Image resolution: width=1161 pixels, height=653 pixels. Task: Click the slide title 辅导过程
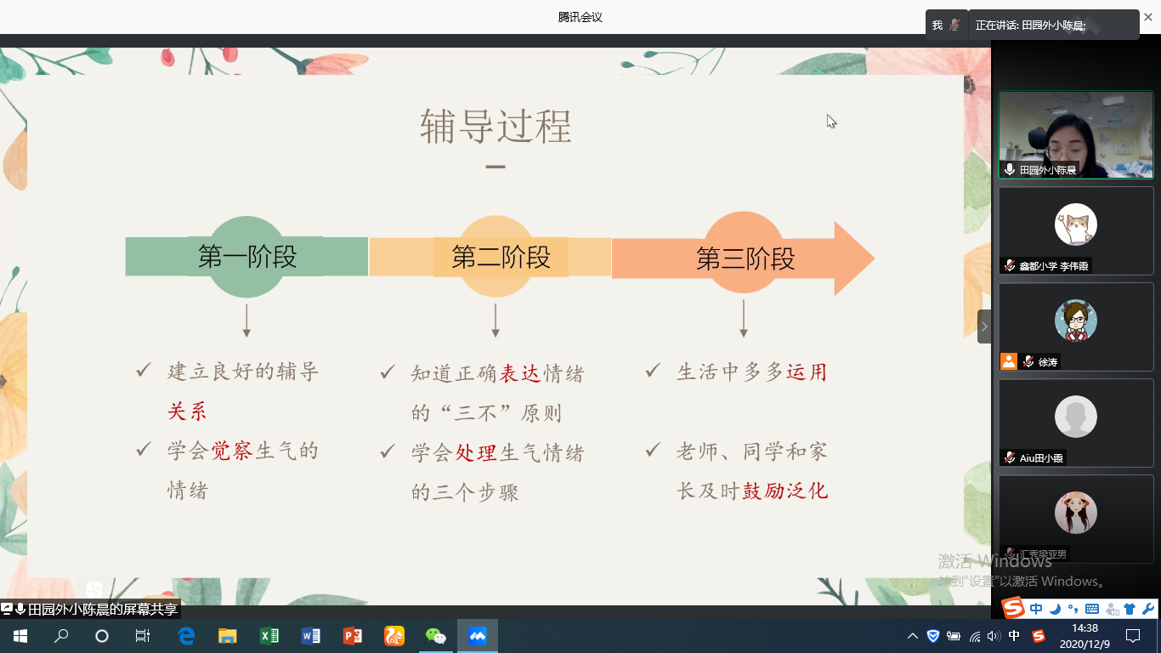[x=496, y=126]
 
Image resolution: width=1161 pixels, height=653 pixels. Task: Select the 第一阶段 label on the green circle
[x=247, y=256]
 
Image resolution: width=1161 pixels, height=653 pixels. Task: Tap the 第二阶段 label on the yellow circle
[x=501, y=257]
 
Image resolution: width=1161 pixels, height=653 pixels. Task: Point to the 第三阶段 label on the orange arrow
[x=745, y=258]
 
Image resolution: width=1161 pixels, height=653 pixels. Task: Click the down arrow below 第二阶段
[x=496, y=321]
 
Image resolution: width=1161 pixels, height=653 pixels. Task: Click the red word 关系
[x=187, y=412]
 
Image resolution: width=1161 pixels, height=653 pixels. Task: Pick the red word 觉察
[x=232, y=451]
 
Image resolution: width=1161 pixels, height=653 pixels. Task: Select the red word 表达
[x=520, y=373]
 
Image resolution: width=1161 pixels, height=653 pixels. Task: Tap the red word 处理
[x=476, y=453]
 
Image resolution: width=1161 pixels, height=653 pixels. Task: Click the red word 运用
[x=807, y=372]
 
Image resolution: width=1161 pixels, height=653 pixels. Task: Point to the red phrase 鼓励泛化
[x=784, y=491]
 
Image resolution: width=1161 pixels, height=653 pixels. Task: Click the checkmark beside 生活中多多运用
[x=653, y=371]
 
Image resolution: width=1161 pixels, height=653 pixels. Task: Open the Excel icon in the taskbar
[x=269, y=636]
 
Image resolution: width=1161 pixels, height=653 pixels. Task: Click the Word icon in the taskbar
[x=310, y=636]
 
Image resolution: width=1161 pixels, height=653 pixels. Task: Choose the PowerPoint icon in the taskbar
[x=353, y=636]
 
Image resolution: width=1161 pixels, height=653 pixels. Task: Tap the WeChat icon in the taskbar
[x=435, y=636]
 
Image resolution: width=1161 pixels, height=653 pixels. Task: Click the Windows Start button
[x=20, y=636]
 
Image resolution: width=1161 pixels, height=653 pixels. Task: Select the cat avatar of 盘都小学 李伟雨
[x=1075, y=224]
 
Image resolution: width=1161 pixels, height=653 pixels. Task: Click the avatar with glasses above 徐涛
[x=1075, y=320]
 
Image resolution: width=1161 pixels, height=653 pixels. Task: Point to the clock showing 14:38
[x=1085, y=628]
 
